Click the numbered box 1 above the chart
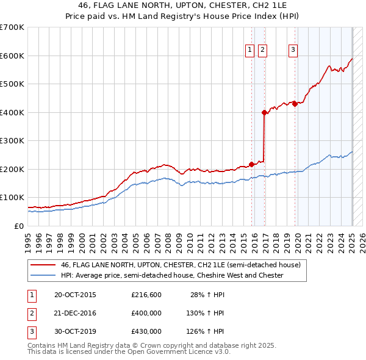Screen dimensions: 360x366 click(x=250, y=50)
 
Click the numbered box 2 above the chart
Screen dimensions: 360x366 click(x=262, y=50)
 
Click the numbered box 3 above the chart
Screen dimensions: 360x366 click(x=293, y=50)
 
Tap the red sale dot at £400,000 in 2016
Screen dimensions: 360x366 click(x=264, y=112)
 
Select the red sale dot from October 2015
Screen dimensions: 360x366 click(x=251, y=164)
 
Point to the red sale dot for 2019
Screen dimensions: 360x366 click(x=295, y=104)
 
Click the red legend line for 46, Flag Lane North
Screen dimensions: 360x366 click(x=42, y=265)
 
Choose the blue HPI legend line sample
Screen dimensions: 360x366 click(x=42, y=276)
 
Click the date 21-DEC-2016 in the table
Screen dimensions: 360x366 click(x=75, y=313)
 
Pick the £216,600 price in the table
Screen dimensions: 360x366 click(x=146, y=295)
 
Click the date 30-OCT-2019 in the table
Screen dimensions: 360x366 click(x=75, y=331)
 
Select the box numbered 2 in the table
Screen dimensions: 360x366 click(x=32, y=313)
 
